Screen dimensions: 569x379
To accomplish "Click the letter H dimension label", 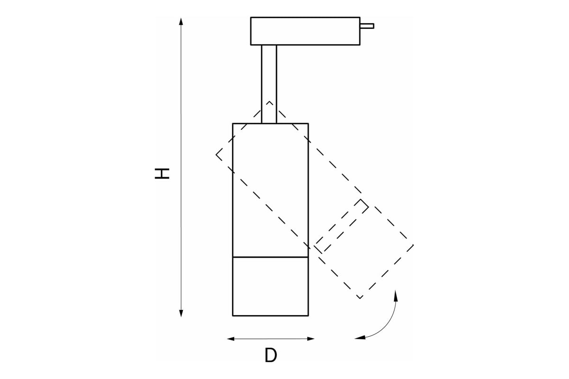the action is coord(162,173).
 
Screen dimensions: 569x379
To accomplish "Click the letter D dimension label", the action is coord(271,355).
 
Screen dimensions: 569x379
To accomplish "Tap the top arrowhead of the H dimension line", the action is coord(181,21).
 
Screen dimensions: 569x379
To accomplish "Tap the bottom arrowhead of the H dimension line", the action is coord(181,314).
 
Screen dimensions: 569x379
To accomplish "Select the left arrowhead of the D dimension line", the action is coord(230,339).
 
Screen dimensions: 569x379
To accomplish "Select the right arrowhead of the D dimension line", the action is coord(311,339).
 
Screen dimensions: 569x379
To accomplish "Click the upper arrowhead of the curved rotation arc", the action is coord(395,296).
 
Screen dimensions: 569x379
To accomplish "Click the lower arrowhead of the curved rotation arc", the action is coord(360,338).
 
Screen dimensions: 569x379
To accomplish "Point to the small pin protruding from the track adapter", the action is coord(367,26).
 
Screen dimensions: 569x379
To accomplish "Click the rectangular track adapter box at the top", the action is coord(305,31).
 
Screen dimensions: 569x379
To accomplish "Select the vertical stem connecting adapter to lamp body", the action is coord(269,84).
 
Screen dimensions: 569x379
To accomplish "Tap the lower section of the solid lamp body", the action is coord(271,287).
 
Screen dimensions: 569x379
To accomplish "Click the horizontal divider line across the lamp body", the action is coord(271,257).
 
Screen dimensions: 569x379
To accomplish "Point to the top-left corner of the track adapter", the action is coord(251,17).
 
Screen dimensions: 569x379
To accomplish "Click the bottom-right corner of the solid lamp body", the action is coord(308,316).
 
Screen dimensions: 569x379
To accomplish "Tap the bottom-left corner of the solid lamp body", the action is coord(233,316).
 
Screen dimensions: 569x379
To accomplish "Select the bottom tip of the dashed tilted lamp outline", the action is coord(360,298).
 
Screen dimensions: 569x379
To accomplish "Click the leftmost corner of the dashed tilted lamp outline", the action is coord(216,154).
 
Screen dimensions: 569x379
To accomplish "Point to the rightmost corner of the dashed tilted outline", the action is coord(413,245).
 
